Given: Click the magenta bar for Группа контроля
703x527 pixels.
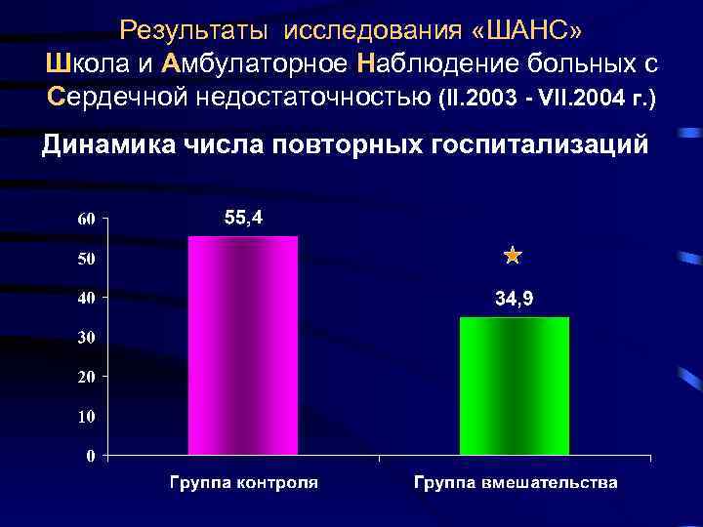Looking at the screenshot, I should (243, 345).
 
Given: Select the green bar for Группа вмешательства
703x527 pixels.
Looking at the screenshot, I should (515, 385).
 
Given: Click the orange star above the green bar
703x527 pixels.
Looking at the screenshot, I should (514, 257).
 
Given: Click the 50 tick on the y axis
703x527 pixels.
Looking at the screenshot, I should (87, 259).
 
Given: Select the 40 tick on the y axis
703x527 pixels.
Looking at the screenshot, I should (87, 298).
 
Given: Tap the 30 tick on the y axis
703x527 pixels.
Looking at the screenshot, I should (87, 338).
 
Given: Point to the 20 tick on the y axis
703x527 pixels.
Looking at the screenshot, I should (87, 377).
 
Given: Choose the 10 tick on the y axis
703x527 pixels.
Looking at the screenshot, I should (87, 416).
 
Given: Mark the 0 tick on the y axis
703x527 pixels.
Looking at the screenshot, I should (91, 456).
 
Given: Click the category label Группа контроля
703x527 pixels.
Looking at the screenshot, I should (243, 482).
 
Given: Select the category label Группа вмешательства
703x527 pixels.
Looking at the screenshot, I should (515, 482).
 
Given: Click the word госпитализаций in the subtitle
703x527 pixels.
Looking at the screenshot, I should (538, 145).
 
